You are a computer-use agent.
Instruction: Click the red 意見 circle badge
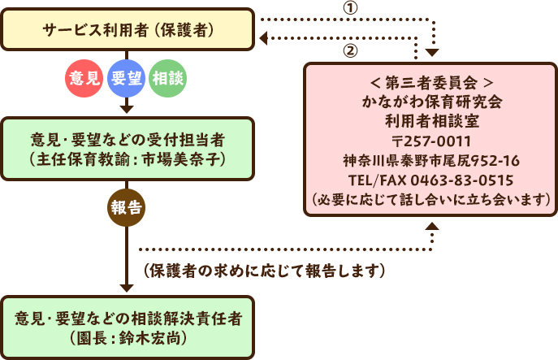click(x=84, y=78)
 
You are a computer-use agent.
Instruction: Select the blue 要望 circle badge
click(x=126, y=78)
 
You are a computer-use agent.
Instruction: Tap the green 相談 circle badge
click(x=168, y=78)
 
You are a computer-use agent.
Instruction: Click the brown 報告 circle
click(x=127, y=207)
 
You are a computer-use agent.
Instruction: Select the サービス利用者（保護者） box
click(x=127, y=30)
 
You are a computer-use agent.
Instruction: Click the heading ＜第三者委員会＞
click(x=431, y=83)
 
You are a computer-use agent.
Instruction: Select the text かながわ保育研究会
click(x=431, y=102)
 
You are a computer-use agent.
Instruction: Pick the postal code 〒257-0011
click(x=431, y=141)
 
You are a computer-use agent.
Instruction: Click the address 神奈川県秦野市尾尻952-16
click(x=431, y=160)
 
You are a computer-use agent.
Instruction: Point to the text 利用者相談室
click(x=431, y=122)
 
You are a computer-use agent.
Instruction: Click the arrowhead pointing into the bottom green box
click(x=127, y=286)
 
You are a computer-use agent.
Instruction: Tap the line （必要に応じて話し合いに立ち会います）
click(x=431, y=198)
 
